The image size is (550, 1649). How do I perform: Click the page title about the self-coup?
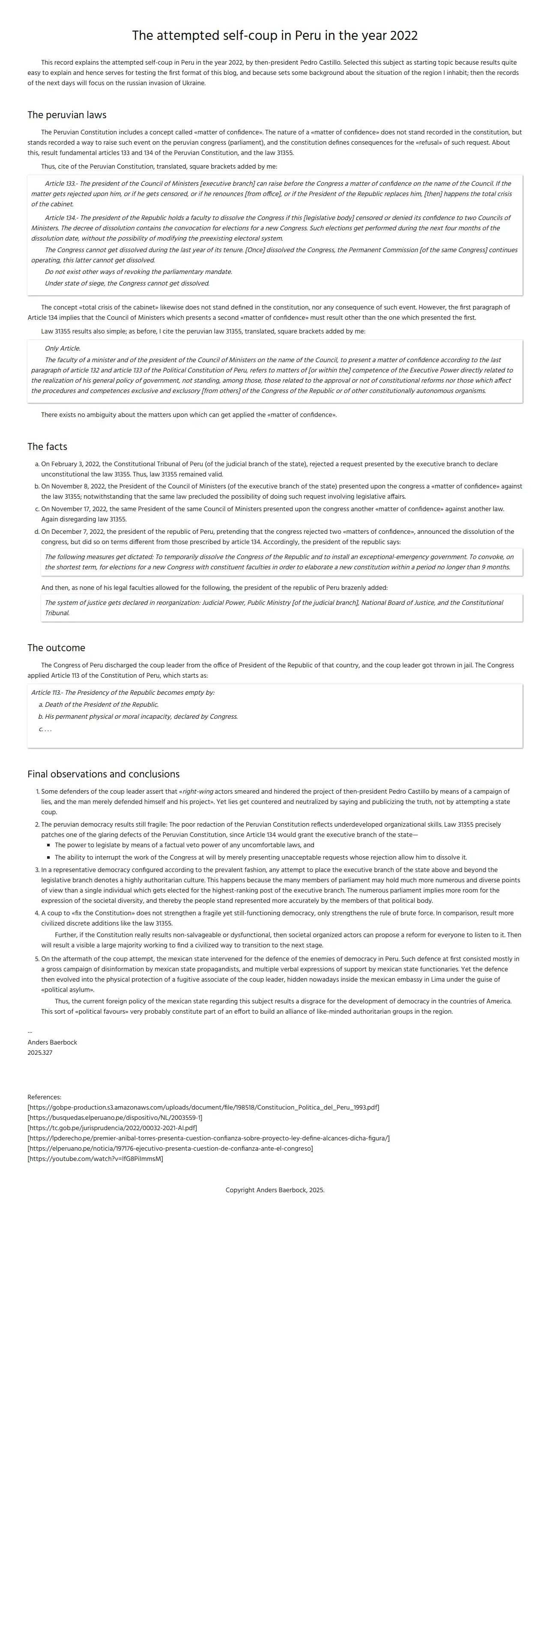(275, 35)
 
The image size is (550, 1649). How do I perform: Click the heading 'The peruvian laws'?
(66, 115)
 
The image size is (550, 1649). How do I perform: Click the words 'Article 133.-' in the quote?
(61, 183)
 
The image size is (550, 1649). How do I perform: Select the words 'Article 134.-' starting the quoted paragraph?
(61, 217)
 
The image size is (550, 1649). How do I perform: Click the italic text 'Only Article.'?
(62, 348)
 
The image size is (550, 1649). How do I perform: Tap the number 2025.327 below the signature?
(40, 1052)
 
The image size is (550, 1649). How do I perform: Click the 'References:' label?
(44, 1097)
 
